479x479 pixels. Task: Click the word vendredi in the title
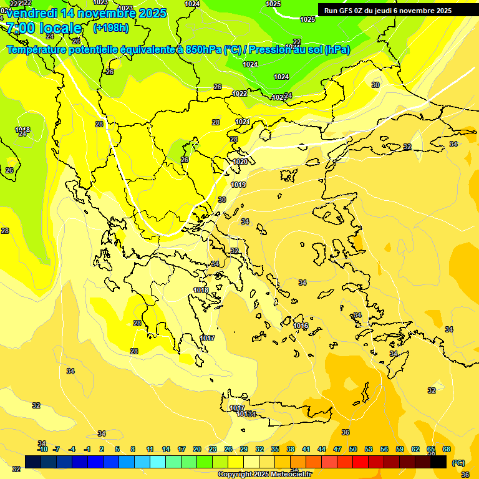pos(34,12)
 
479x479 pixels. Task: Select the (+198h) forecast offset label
pos(111,28)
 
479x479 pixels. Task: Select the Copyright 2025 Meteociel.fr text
pos(264,475)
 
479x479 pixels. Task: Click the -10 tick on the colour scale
pos(42,449)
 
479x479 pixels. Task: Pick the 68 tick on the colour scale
pos(447,449)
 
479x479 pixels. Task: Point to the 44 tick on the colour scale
pos(322,449)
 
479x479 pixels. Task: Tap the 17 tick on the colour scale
pos(181,449)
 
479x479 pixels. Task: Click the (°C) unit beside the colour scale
pos(458,463)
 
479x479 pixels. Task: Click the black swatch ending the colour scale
pos(438,462)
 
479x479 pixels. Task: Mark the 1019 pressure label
pos(238,185)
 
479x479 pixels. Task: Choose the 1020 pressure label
pos(239,162)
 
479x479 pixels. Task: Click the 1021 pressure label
pos(243,122)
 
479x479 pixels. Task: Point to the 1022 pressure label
pos(239,94)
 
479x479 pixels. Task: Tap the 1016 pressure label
pos(301,326)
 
